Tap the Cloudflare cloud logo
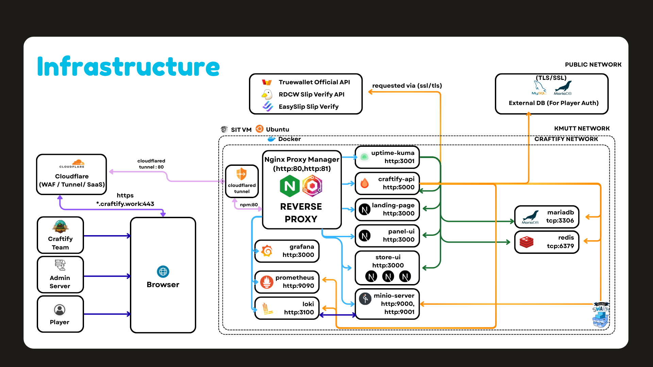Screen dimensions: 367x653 [x=78, y=162]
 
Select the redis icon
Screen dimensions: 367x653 [x=526, y=242]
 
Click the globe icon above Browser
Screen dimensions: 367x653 [x=163, y=272]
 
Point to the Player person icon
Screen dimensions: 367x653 [x=60, y=310]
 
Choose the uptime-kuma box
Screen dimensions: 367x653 [x=387, y=157]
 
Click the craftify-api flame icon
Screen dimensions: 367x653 [x=365, y=183]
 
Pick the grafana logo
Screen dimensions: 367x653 [x=267, y=251]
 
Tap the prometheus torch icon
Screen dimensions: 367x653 [x=267, y=282]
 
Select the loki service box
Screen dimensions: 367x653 [x=287, y=308]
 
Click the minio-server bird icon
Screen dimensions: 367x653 [x=365, y=299]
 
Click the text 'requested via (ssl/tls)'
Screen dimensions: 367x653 [x=407, y=86]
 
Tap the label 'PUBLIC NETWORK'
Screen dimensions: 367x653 [x=593, y=65]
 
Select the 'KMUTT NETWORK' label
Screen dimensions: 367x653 [x=582, y=128]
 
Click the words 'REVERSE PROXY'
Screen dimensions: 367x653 [x=301, y=213]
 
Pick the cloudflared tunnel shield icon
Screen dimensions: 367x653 [x=241, y=174]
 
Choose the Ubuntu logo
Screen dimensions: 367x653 [x=259, y=129]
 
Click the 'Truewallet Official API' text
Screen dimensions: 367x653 [x=314, y=82]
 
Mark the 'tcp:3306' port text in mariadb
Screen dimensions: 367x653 [x=560, y=221]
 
